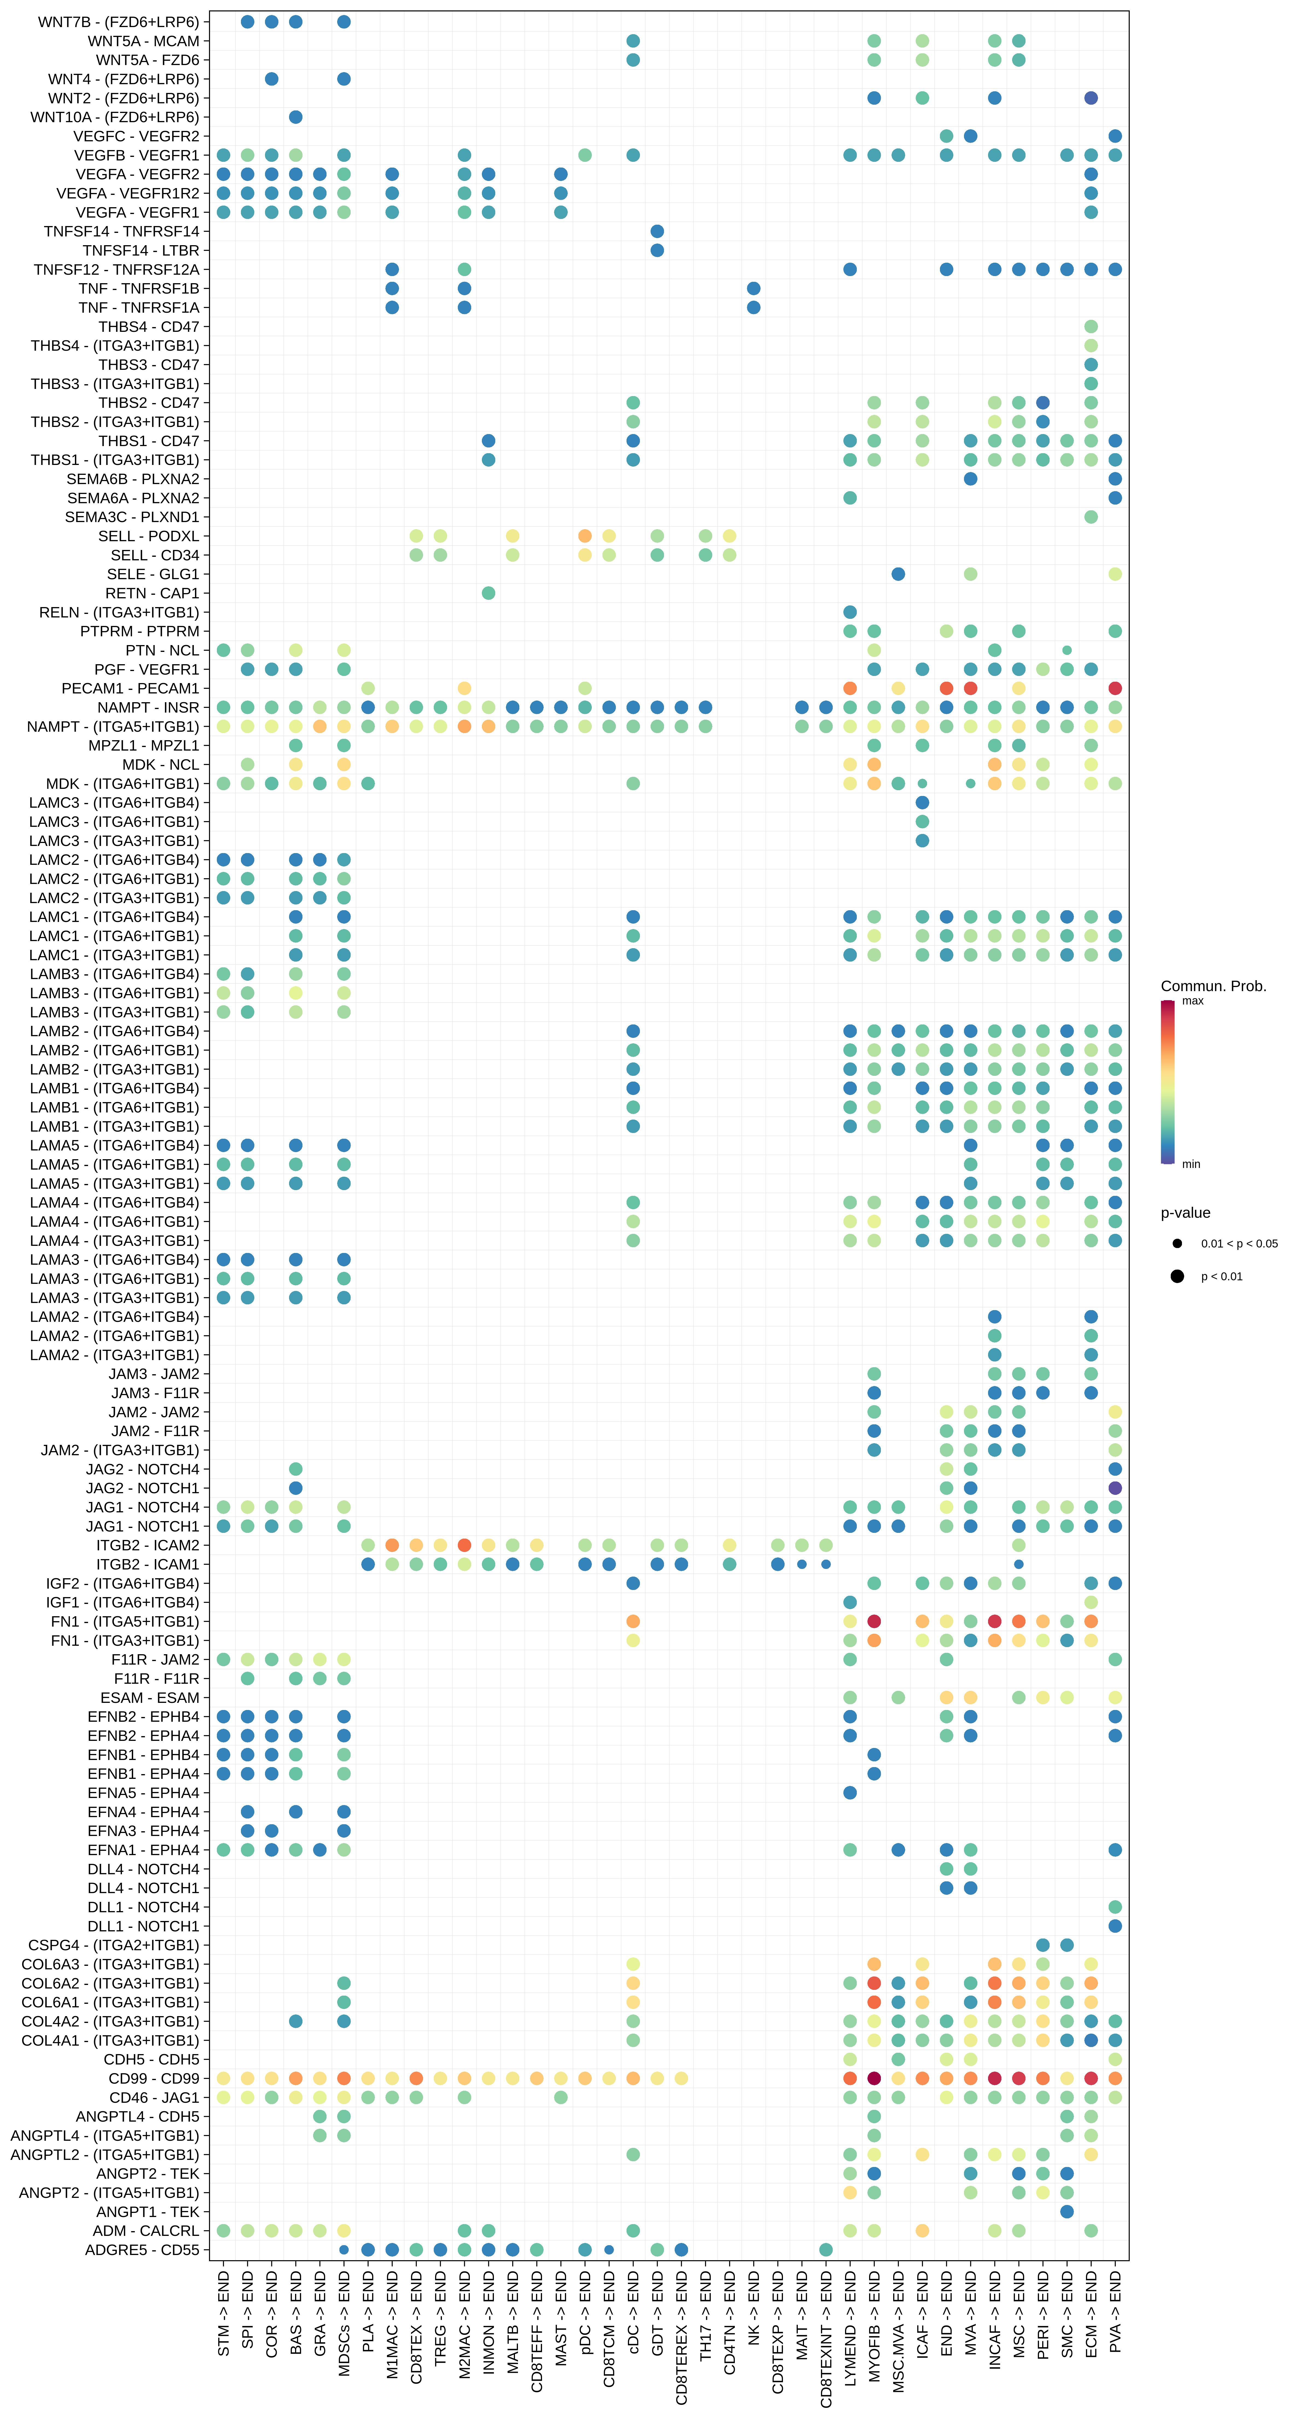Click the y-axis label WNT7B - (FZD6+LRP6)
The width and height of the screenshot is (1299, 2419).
point(118,22)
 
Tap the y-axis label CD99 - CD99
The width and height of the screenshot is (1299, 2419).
point(153,2078)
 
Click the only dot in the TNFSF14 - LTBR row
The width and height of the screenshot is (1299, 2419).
point(657,250)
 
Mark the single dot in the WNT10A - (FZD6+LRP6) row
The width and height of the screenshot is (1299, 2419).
point(296,116)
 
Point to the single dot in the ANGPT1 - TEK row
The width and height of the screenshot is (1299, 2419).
point(1067,2212)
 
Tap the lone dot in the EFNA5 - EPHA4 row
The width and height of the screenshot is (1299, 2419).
point(850,1793)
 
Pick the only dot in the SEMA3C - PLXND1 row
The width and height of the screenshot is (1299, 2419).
point(1091,517)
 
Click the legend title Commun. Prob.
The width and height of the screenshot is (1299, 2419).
point(1213,986)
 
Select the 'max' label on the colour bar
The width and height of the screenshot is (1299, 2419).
point(1193,1001)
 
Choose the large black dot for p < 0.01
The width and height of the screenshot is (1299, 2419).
point(1177,1276)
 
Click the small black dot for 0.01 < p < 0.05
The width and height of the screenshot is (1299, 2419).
point(1177,1243)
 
